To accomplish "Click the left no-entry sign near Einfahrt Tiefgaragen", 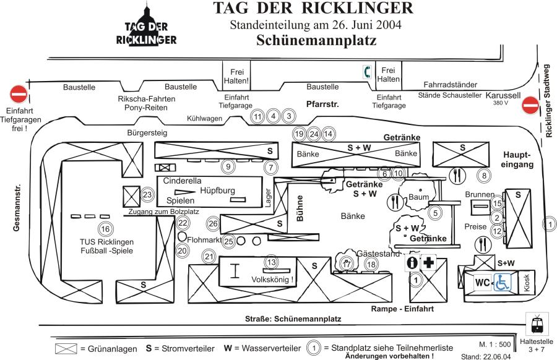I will tap(19, 95).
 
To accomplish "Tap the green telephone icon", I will tap(368, 72).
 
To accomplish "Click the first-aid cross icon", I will tap(428, 262).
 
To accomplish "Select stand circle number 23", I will tap(147, 195).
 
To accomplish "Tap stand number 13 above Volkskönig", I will tap(270, 262).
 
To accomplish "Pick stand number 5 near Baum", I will tap(436, 213).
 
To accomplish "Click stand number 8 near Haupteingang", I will tap(485, 176).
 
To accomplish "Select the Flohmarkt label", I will tap(204, 239).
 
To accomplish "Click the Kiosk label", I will tap(527, 283).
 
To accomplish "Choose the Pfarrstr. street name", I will tap(322, 105).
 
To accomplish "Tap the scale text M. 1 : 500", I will tap(494, 344).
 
